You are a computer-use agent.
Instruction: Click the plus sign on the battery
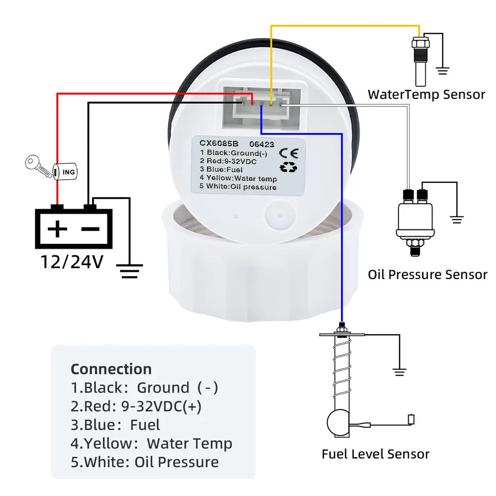click(x=57, y=228)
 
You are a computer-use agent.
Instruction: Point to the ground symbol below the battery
click(x=129, y=270)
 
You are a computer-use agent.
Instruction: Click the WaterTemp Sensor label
click(x=426, y=95)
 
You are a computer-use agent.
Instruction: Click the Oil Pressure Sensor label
click(x=427, y=274)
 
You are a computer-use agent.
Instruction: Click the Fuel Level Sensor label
click(x=376, y=454)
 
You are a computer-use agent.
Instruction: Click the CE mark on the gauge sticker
click(x=288, y=152)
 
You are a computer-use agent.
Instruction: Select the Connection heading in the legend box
click(x=111, y=369)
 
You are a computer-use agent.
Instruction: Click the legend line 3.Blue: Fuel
click(x=116, y=425)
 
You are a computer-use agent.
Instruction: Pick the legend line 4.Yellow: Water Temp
click(x=151, y=443)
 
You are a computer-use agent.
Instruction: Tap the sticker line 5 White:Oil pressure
click(x=238, y=187)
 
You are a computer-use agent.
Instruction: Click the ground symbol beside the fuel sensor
click(x=399, y=370)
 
